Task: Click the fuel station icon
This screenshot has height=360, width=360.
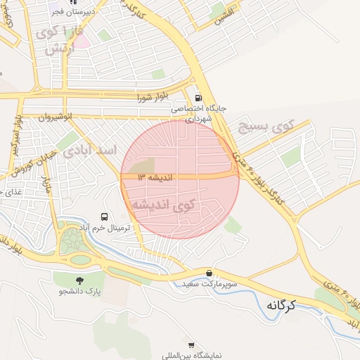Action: tap(198, 98)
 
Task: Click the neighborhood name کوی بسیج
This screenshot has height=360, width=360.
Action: tap(264, 128)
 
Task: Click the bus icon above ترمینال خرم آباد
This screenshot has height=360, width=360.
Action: tap(105, 217)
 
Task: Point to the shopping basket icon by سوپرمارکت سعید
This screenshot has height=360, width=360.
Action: tap(209, 273)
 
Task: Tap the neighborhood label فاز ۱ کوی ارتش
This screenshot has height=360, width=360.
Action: tap(63, 40)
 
